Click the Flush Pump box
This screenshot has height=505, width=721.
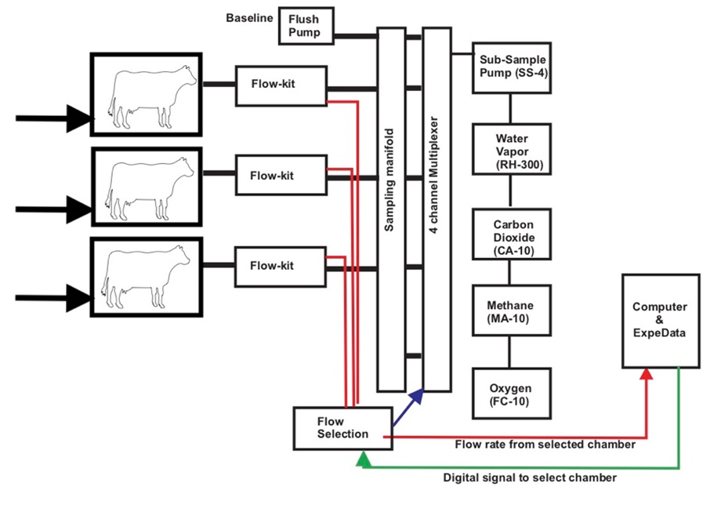tap(306, 25)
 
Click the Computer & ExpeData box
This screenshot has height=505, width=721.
tap(660, 321)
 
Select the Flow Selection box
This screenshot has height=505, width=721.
tap(342, 427)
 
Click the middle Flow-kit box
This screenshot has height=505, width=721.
tap(281, 174)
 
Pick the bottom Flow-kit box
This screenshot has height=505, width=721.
tap(281, 266)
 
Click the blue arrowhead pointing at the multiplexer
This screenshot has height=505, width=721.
tap(418, 397)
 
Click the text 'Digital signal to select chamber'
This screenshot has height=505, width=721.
tap(531, 477)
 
